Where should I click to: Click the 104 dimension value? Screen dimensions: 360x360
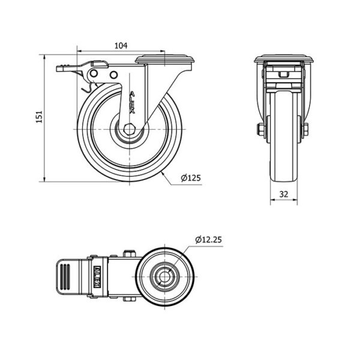[121, 46]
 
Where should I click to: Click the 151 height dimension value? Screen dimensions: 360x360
[40, 117]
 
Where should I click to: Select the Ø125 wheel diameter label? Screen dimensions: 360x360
[191, 178]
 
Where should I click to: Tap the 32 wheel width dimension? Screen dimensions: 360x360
[284, 194]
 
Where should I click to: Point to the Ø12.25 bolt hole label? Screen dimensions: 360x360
[208, 239]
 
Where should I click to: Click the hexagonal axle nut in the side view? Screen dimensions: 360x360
[129, 129]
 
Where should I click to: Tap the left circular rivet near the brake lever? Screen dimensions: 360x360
[94, 74]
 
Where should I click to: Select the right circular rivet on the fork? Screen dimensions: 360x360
[113, 74]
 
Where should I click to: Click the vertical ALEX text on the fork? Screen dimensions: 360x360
[132, 103]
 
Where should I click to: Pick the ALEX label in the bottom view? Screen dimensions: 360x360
[97, 277]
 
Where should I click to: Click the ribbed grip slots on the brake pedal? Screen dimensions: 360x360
[65, 277]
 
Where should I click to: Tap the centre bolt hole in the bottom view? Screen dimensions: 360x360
[164, 277]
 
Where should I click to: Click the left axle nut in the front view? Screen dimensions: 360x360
[261, 130]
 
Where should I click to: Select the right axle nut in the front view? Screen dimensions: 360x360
[305, 130]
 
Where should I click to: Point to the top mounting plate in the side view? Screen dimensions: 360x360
[164, 59]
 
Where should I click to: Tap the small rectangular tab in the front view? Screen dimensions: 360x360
[284, 74]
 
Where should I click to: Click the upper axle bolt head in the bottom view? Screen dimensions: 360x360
[130, 254]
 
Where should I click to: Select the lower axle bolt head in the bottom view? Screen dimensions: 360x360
[130, 299]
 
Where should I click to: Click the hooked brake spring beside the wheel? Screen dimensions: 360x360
[89, 88]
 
